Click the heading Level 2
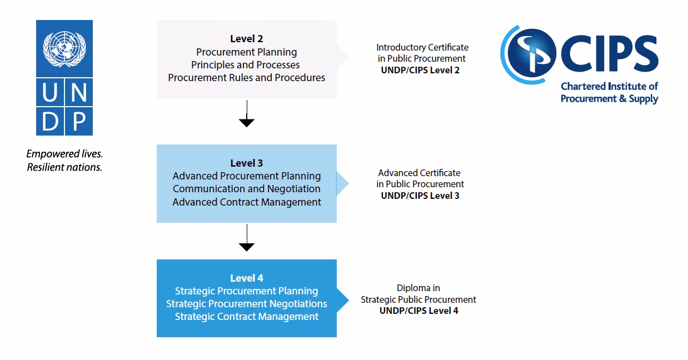tap(246, 39)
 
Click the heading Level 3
tap(246, 163)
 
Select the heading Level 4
tap(246, 278)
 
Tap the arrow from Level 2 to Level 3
tap(246, 114)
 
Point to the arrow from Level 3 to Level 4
tap(246, 239)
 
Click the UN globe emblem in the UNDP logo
tap(64, 49)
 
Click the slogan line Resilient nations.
tap(64, 167)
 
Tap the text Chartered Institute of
tap(609, 87)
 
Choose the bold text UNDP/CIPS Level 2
tap(420, 70)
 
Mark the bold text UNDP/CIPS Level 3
tap(420, 196)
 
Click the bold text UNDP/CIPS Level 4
tap(418, 311)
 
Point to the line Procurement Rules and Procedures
tap(246, 78)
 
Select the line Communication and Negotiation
tap(246, 189)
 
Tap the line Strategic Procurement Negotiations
tap(246, 304)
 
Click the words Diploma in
tap(418, 288)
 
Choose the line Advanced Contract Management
tap(246, 202)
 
